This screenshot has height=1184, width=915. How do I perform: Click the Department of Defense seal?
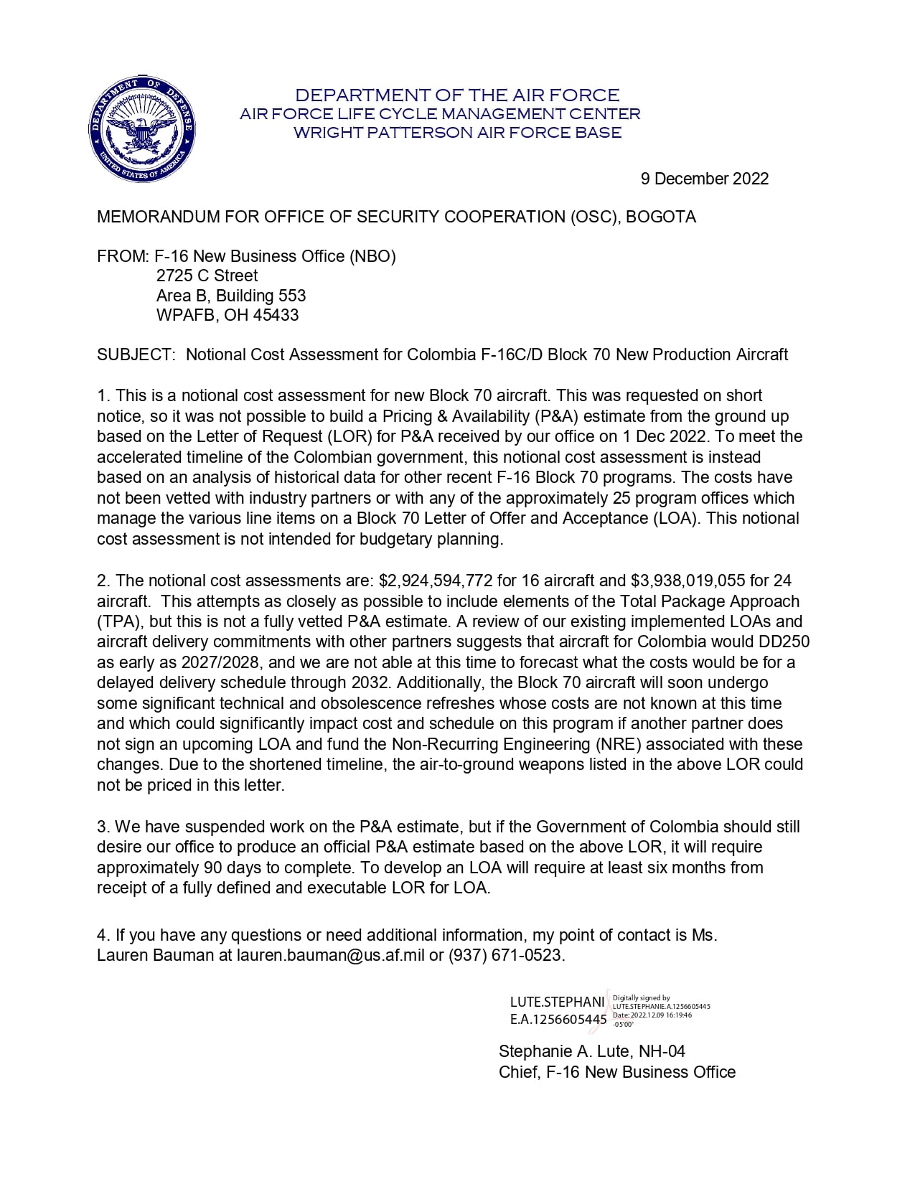click(x=141, y=129)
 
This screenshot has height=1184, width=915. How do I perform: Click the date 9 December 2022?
click(x=704, y=179)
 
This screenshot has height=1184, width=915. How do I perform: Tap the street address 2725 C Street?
click(x=207, y=276)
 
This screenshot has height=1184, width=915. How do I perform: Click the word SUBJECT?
click(x=136, y=354)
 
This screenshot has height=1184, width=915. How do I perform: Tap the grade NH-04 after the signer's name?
click(x=662, y=1051)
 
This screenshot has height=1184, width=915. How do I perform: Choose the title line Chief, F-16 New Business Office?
click(x=617, y=1072)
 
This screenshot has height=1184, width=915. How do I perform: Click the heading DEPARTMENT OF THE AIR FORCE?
click(x=457, y=95)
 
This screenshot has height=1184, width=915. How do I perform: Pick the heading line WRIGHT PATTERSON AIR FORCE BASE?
click(x=457, y=132)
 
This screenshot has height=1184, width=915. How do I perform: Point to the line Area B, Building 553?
click(x=231, y=296)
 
